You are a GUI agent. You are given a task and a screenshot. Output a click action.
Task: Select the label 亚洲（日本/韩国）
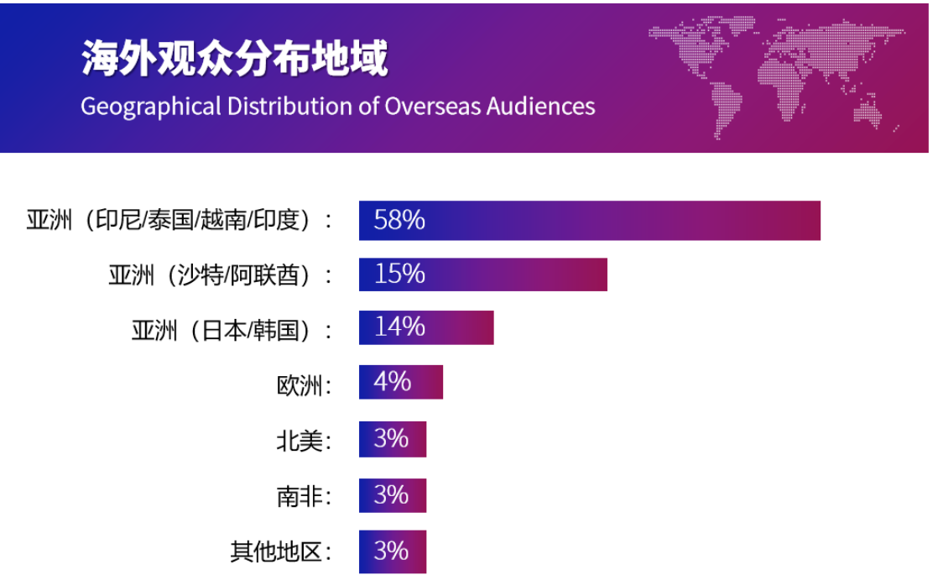point(232,329)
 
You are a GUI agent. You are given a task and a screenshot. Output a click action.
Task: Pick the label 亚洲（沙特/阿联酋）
point(220,275)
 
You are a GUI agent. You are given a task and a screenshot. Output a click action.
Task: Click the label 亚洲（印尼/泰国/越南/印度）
point(180,221)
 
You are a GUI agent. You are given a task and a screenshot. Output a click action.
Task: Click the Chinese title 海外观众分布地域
point(235,60)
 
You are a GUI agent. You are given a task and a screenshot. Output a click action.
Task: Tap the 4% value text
point(392,382)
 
